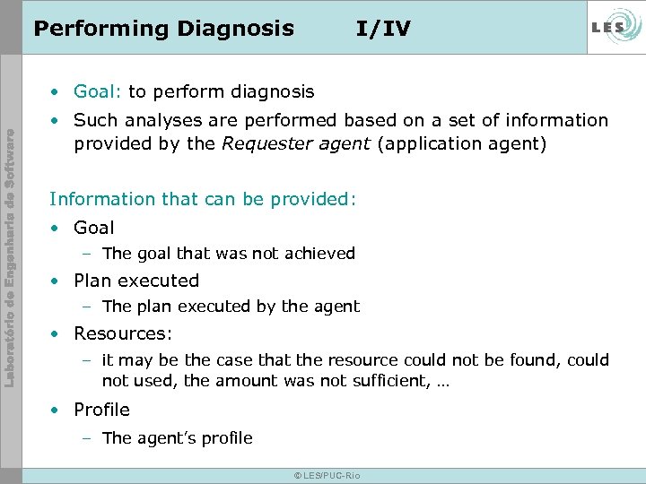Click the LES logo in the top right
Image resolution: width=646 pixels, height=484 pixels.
pos(613,27)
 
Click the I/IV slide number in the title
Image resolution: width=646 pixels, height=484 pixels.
pos(383,29)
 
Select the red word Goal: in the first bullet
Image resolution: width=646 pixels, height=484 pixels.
pos(99,91)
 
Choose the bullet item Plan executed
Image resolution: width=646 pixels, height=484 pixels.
pos(136,281)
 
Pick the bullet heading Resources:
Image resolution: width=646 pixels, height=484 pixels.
pos(123,333)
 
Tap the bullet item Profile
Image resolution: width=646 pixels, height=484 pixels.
pos(101,410)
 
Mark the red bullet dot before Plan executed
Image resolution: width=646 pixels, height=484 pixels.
pos(57,281)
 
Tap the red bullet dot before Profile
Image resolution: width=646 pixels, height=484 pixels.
pos(57,411)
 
